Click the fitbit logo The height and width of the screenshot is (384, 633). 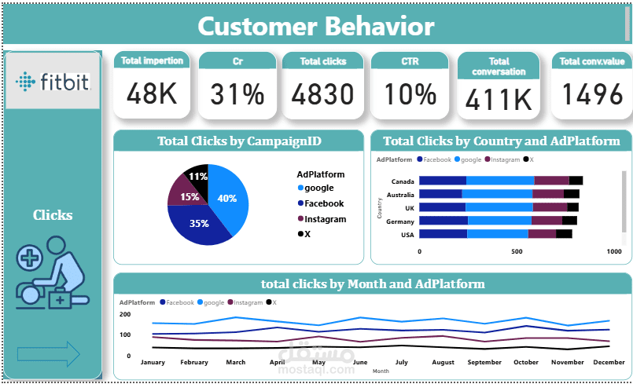(x=52, y=81)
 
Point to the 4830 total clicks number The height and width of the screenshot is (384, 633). (x=323, y=95)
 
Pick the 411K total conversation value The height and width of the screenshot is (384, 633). (x=498, y=99)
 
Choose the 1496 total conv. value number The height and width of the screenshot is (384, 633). (x=592, y=95)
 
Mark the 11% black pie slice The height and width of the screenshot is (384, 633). (x=197, y=177)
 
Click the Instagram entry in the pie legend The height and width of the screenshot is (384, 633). (x=325, y=219)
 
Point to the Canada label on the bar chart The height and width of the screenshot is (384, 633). (x=403, y=181)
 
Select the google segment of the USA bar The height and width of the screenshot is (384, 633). (x=497, y=234)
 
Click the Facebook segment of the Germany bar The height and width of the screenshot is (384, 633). (x=443, y=221)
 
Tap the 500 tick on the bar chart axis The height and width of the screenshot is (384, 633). (x=517, y=252)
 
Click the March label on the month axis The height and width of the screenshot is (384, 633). (x=236, y=362)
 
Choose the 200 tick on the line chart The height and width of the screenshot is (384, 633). (x=124, y=314)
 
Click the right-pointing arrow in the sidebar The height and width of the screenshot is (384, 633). (x=49, y=354)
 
